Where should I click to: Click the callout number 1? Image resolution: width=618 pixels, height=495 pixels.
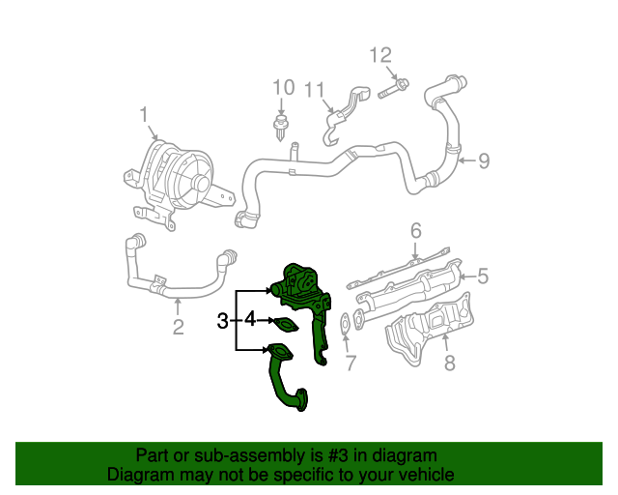(144, 116)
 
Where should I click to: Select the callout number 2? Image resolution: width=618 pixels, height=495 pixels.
(178, 327)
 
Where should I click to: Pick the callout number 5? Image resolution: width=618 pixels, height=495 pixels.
(482, 277)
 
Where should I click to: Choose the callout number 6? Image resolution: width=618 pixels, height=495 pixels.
(416, 230)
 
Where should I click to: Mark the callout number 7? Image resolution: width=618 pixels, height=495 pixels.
(351, 364)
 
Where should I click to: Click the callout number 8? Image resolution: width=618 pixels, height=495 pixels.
(448, 364)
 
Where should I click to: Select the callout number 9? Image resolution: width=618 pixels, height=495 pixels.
(484, 160)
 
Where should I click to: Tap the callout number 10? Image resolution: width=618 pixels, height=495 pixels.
(282, 88)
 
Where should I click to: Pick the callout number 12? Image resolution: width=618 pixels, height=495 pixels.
(381, 55)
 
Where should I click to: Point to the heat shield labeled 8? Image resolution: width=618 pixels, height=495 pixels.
(430, 334)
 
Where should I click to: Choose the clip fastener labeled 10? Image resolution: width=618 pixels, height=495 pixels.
(282, 127)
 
